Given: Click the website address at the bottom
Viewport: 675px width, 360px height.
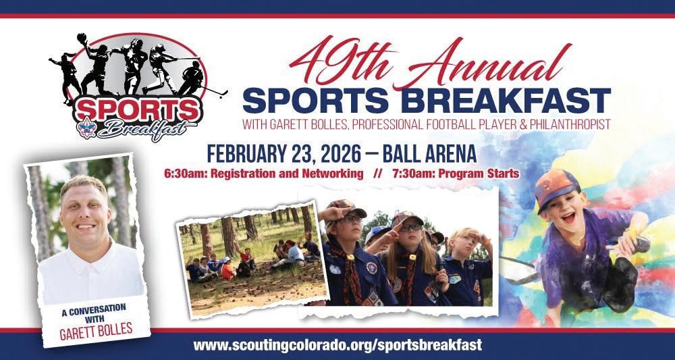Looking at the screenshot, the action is [x=337, y=345].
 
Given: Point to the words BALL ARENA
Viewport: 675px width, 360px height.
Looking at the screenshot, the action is [x=429, y=153].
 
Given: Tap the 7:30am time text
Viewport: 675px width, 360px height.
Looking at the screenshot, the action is [x=409, y=174].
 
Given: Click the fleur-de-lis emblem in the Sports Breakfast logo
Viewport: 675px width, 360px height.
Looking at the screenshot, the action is [x=86, y=128].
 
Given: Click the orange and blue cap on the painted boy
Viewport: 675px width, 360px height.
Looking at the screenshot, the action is [x=556, y=188].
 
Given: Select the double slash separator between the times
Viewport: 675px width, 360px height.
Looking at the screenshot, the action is [x=378, y=174].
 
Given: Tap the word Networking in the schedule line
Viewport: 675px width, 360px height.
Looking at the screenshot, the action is [x=338, y=174].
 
